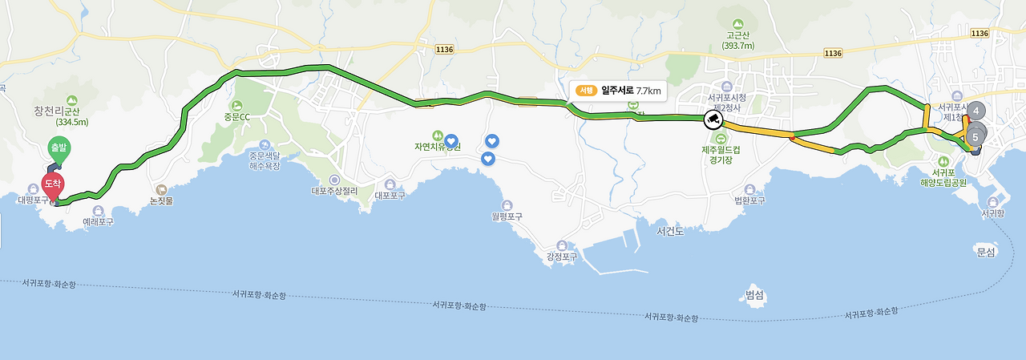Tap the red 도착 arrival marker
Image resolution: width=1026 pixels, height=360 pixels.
pos(53,184)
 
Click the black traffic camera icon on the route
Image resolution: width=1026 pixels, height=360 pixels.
pos(712,120)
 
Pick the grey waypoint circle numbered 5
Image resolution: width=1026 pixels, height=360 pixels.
pos(975,136)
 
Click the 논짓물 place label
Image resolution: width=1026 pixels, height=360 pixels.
pos(161,201)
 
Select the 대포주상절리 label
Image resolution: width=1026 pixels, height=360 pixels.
pos(334,192)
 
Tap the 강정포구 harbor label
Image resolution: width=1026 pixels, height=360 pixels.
pos(561,257)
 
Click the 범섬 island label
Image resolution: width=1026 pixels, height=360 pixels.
pos(754,295)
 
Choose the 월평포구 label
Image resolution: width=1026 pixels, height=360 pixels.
pos(507,216)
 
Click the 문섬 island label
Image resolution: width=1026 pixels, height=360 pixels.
pos(985,252)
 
